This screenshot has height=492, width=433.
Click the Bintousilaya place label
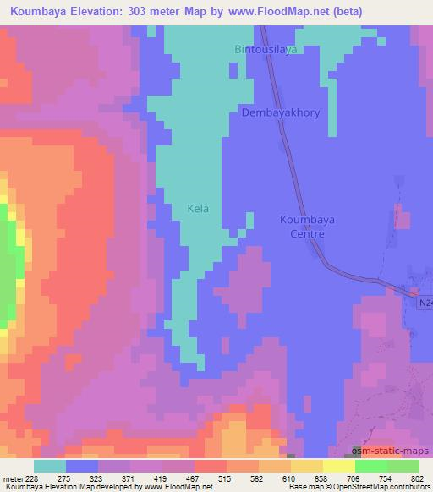coord(266,50)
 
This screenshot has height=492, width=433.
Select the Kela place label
coord(197,208)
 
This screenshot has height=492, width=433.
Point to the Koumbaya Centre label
coord(307,226)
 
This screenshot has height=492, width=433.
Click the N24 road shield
coord(425,300)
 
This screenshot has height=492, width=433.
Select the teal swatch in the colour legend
coord(49,465)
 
